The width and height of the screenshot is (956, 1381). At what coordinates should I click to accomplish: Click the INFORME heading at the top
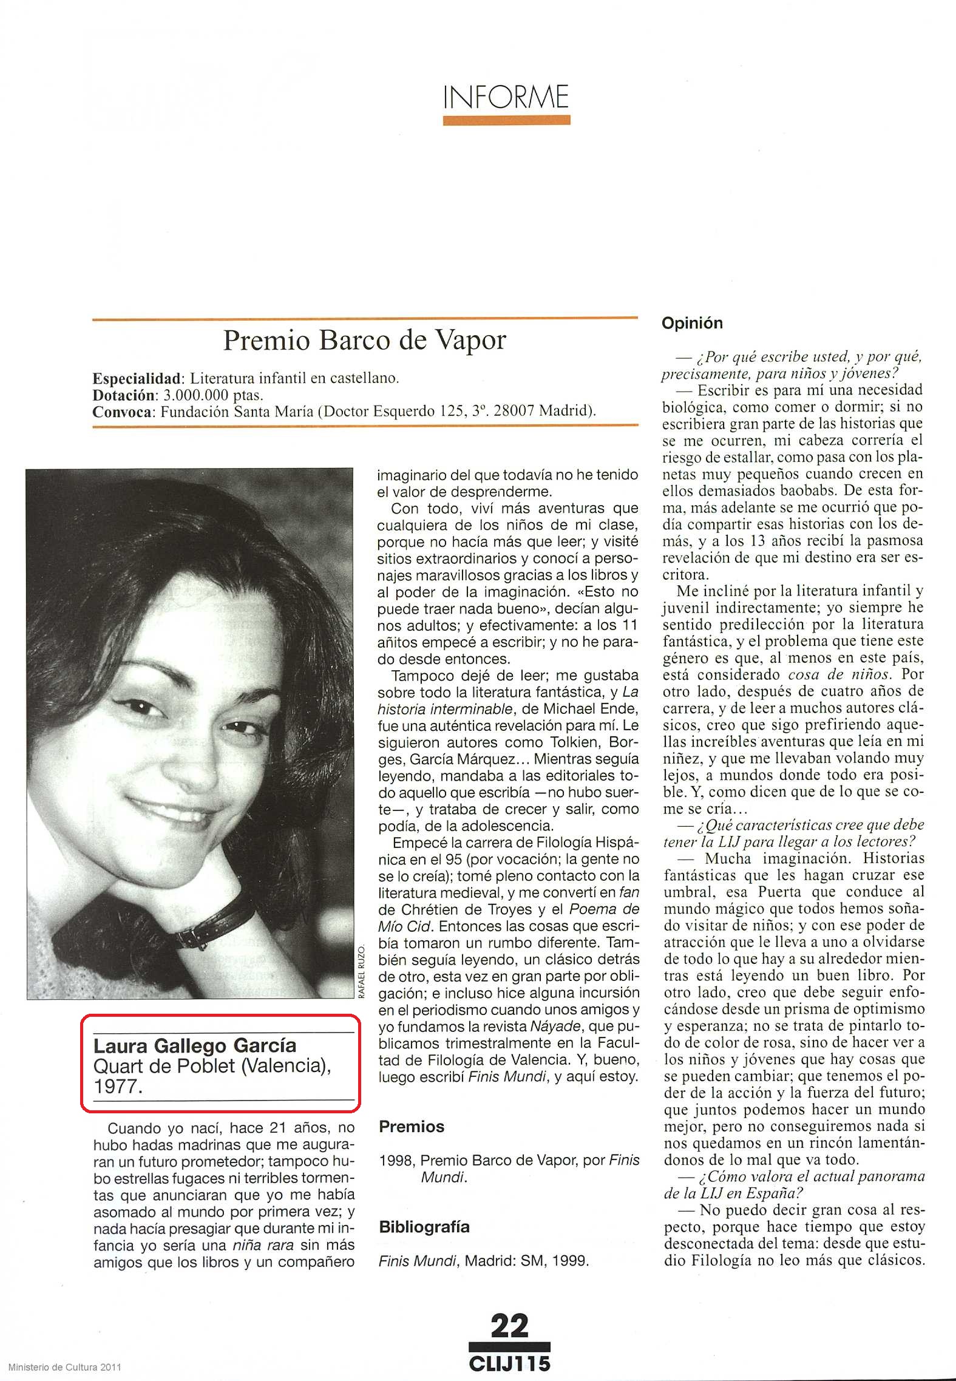506,97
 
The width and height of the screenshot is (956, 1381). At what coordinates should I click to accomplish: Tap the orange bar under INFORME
506,120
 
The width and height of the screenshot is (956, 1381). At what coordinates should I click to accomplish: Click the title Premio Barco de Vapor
364,341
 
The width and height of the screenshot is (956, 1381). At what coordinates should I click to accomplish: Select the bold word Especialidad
137,379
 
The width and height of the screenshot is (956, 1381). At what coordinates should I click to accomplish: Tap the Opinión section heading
692,323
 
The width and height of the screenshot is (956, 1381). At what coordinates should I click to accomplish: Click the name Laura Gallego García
195,1045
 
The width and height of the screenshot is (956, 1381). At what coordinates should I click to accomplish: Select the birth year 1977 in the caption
118,1087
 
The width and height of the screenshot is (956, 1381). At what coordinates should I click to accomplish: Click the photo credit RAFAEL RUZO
362,971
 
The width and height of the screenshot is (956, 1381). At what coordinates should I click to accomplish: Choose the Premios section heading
412,1127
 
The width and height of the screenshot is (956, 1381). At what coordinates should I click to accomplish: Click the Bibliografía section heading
424,1227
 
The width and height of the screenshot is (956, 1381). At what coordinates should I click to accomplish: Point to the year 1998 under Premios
396,1160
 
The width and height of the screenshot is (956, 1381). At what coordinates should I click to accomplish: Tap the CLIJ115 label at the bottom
510,1363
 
